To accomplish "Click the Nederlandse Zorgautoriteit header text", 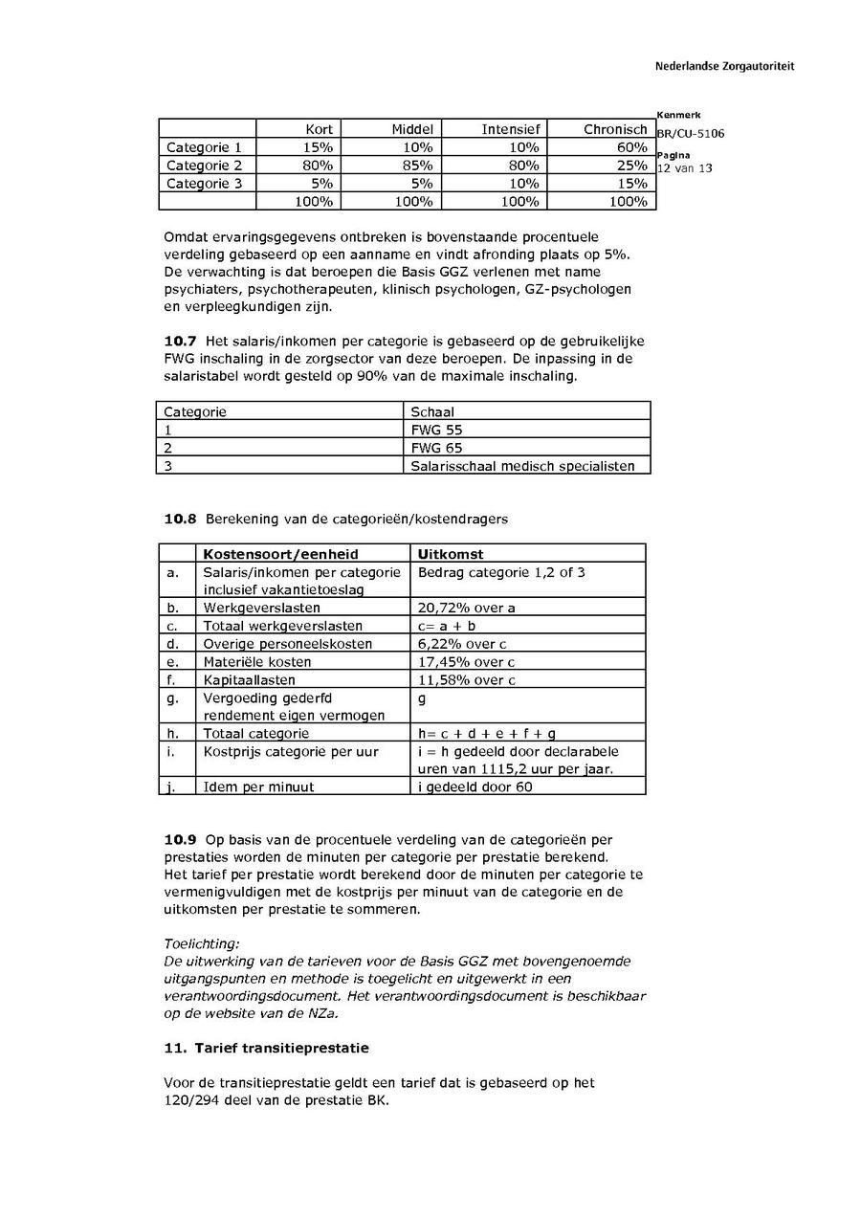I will coord(724,66).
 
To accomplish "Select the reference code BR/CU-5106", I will coord(690,133).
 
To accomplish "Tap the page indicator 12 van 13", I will coord(684,168).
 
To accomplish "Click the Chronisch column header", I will coord(615,129).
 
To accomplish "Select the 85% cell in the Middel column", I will coord(417,166).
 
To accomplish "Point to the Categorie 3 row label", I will coord(204,184).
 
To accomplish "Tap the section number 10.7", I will coord(180,342).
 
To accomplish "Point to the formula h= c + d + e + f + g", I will coord(486,733).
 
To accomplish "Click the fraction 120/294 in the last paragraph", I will coord(190,1099).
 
